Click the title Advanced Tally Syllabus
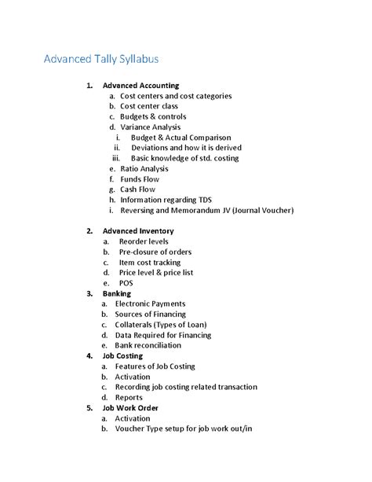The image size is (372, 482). [101, 60]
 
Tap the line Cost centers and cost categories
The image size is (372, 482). [176, 96]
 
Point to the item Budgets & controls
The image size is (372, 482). [153, 116]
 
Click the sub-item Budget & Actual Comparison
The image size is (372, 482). [181, 138]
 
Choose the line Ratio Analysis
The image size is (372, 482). [144, 168]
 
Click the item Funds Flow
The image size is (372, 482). [140, 179]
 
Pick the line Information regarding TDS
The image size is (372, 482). [166, 200]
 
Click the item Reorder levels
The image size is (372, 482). [144, 241]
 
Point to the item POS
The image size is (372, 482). [126, 282]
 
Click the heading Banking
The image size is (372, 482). [117, 293]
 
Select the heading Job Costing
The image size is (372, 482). [122, 355]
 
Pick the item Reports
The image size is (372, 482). [129, 397]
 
